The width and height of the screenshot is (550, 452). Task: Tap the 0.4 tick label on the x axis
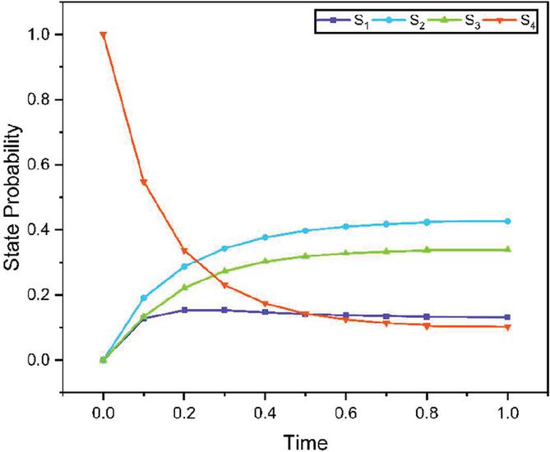click(265, 406)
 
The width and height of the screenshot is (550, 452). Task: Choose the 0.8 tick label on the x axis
click(427, 406)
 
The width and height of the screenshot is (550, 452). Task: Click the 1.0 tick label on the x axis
click(507, 406)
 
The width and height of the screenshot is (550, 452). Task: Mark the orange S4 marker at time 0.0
click(103, 35)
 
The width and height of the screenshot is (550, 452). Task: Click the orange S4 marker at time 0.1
click(143, 182)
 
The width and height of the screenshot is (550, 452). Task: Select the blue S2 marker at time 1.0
click(507, 221)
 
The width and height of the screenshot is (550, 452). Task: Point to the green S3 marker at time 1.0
click(507, 249)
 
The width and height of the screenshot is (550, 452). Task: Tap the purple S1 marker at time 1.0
click(507, 317)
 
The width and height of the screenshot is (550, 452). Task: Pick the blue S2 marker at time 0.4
click(265, 238)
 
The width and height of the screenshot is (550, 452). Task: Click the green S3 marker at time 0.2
click(184, 288)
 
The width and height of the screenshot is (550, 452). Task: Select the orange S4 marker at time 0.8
click(427, 325)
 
